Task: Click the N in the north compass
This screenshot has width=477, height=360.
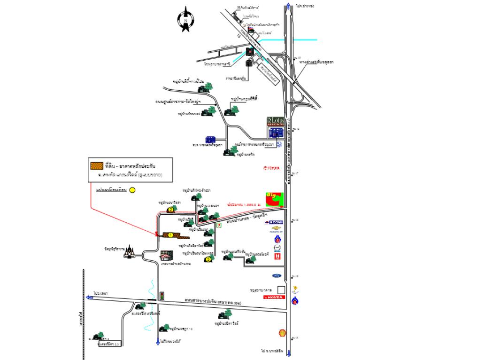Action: [x=186, y=21]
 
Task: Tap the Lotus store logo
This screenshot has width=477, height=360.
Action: [x=275, y=120]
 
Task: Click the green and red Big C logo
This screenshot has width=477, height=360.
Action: [x=275, y=198]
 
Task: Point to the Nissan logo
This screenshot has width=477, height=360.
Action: [x=275, y=222]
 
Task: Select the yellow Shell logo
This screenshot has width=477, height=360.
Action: [x=283, y=332]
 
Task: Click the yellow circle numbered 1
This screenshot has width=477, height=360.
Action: [x=170, y=235]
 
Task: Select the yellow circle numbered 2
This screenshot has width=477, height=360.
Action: [x=170, y=210]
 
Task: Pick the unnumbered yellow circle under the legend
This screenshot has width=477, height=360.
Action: [x=132, y=190]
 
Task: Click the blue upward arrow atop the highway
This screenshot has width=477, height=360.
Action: [x=288, y=6]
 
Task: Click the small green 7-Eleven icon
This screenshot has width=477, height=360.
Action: [x=219, y=226]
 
